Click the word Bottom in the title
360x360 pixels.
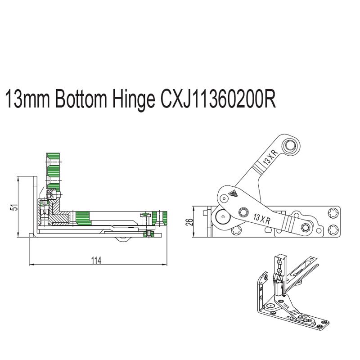pos(79,100)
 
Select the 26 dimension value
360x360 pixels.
pos(189,221)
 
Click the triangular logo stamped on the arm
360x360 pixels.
pos(233,194)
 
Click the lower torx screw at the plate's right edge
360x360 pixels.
pos(334,229)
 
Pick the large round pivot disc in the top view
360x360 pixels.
pos(222,218)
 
